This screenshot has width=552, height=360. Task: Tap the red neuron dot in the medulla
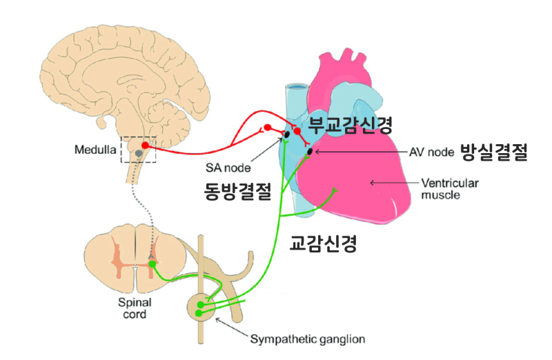146,145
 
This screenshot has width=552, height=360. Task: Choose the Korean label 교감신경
323,243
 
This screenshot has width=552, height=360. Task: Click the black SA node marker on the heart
287,134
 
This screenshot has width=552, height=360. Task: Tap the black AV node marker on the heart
310,150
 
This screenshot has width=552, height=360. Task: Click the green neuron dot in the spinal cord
152,264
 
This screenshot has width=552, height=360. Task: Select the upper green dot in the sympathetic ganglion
201,303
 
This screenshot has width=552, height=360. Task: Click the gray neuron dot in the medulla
139,152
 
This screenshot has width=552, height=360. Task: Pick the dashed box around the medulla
139,150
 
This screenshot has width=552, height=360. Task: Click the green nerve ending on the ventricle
335,190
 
